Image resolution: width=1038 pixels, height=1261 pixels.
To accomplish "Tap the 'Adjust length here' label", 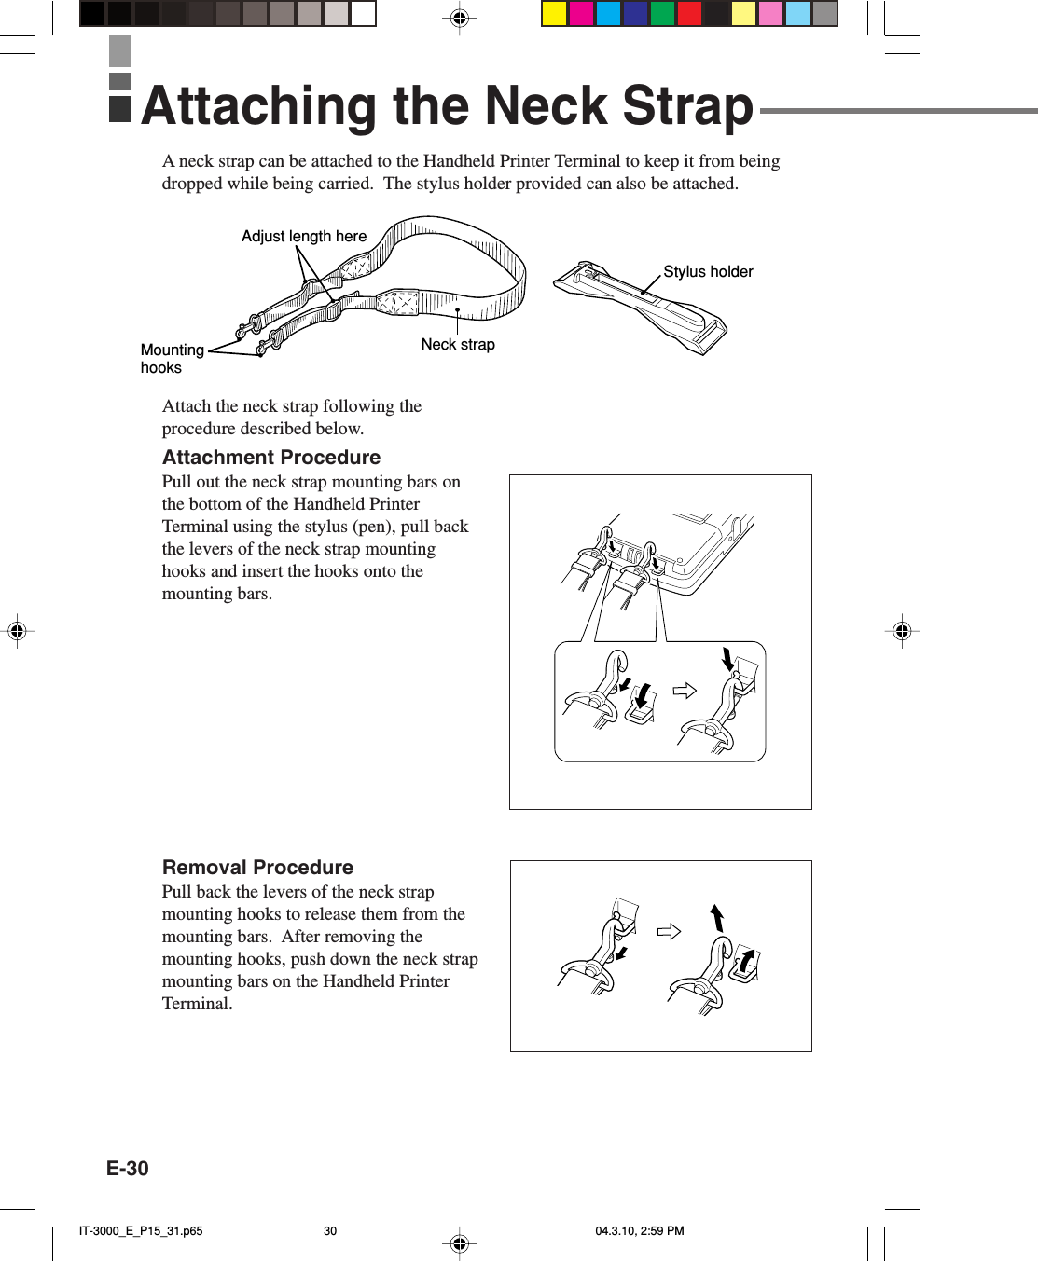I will (x=304, y=236).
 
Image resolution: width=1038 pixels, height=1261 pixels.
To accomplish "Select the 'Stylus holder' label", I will (x=708, y=271).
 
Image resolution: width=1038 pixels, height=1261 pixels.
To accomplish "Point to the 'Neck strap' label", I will (x=458, y=344).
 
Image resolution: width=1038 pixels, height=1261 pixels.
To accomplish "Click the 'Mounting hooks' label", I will (x=172, y=358).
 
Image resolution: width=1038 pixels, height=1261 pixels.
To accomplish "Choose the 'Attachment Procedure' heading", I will (x=271, y=458).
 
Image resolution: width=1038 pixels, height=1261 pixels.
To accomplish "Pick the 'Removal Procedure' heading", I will (x=257, y=868).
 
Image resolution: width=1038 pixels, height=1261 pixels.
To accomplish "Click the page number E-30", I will (x=128, y=1169).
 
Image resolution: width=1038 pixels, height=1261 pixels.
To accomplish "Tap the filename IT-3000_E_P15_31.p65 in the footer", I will (x=141, y=1230).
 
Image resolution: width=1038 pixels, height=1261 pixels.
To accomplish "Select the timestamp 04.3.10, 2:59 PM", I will (x=640, y=1230).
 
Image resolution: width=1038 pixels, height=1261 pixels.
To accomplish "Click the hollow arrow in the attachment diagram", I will (x=685, y=691).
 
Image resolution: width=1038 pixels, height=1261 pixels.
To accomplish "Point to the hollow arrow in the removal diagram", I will (x=669, y=932).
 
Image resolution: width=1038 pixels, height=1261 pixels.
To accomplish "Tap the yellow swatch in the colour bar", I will (x=555, y=14).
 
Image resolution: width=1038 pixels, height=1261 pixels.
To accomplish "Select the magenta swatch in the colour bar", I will (x=581, y=14).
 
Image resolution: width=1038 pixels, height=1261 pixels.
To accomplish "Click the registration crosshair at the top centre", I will (x=459, y=18).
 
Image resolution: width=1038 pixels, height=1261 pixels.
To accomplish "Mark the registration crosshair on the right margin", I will (x=902, y=631).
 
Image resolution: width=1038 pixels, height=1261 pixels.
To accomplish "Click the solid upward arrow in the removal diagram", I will (x=717, y=917).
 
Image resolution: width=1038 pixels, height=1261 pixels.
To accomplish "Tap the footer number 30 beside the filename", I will (x=330, y=1230).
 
